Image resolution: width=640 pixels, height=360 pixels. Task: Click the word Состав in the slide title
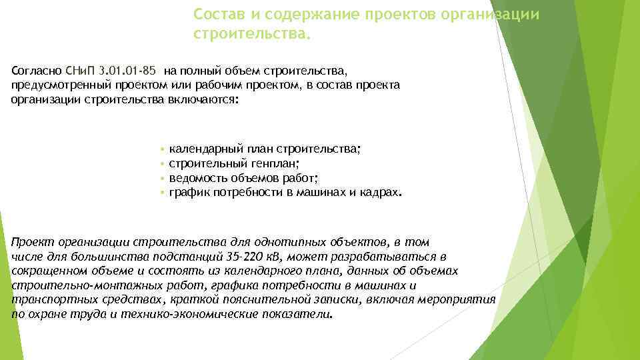[x=215, y=14]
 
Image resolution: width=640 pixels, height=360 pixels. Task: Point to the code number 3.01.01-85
[x=127, y=70]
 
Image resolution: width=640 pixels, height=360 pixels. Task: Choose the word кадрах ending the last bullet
[x=381, y=193]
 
